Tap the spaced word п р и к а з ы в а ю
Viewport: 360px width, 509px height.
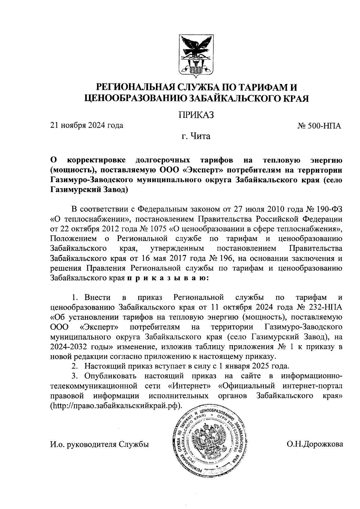point(167,278)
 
